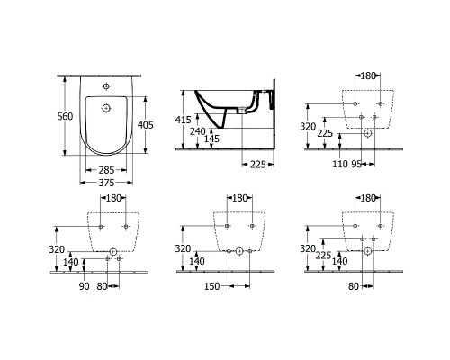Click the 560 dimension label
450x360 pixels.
(65, 116)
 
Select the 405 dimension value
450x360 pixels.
(145, 124)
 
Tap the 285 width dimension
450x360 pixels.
(106, 170)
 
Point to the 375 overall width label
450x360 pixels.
(106, 183)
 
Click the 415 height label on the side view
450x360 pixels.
(183, 120)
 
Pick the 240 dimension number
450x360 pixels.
(198, 131)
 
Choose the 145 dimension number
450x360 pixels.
(211, 139)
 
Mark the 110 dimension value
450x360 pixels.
(340, 164)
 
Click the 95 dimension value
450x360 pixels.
(356, 164)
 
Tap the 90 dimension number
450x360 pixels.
(85, 286)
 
